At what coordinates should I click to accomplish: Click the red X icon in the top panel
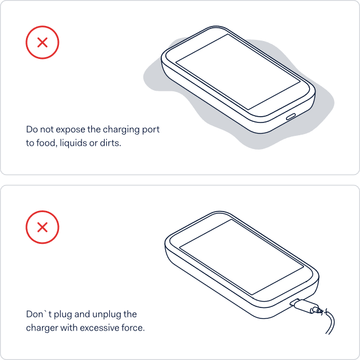(42, 42)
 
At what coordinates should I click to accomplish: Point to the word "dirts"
(110, 143)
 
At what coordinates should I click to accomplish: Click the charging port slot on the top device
(291, 116)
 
